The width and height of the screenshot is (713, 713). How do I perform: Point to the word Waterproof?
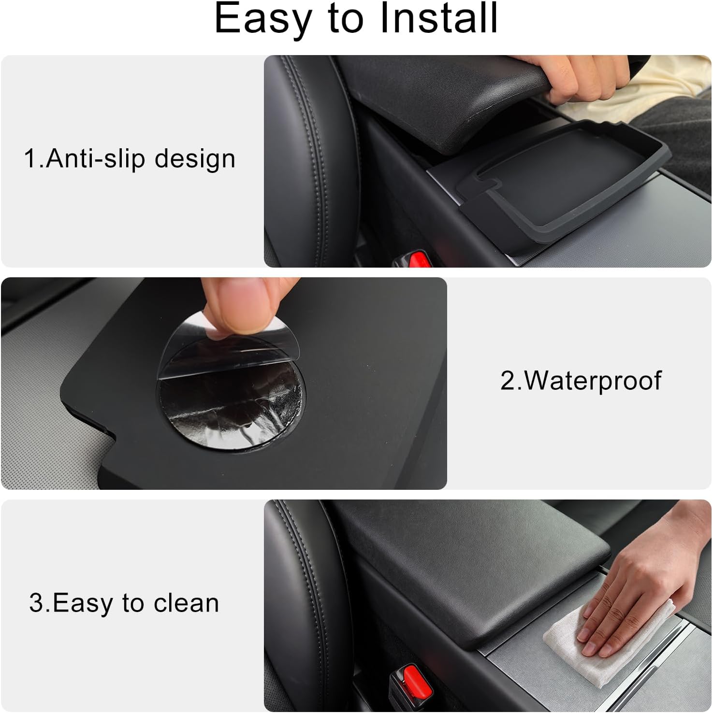pyautogui.click(x=593, y=381)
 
